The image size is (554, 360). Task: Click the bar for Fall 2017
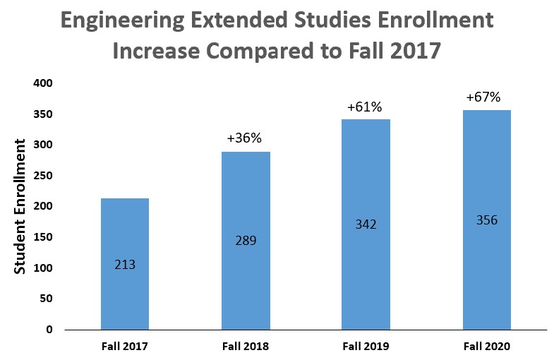(125, 233)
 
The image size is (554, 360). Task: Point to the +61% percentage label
(364, 107)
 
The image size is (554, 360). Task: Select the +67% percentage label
(483, 97)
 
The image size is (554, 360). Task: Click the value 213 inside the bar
(125, 265)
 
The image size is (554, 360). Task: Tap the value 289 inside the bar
(246, 241)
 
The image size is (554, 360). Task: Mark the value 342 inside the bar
(366, 224)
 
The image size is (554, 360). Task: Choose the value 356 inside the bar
(487, 220)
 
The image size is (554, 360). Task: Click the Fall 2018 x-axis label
(245, 347)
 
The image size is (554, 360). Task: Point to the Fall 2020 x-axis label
(486, 347)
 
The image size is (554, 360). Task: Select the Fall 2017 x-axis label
(125, 347)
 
